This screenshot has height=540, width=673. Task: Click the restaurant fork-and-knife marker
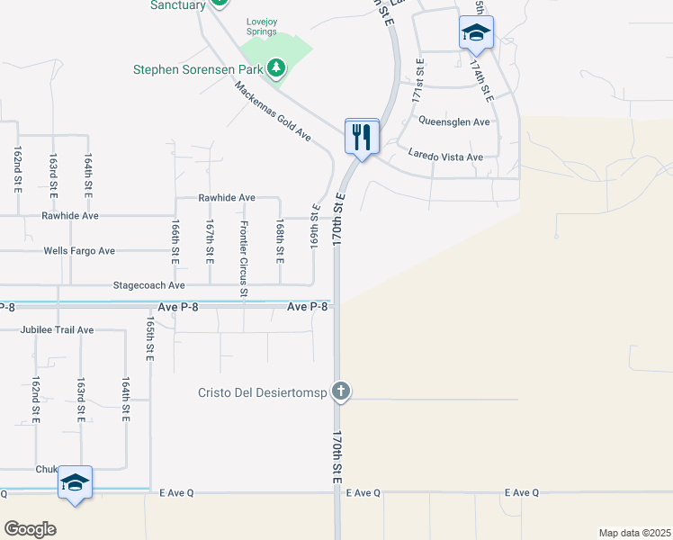pyautogui.click(x=362, y=137)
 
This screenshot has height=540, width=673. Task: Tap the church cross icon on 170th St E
pyautogui.click(x=340, y=391)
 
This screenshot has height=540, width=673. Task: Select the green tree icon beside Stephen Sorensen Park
pyautogui.click(x=278, y=68)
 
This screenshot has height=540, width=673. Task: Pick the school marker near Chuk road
pyautogui.click(x=76, y=482)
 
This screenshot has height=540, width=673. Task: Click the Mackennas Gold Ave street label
pyautogui.click(x=273, y=112)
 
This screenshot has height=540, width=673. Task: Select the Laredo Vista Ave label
pyautogui.click(x=445, y=157)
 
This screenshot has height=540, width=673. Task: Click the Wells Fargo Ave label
pyautogui.click(x=79, y=251)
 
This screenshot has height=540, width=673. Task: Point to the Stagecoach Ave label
pyautogui.click(x=148, y=285)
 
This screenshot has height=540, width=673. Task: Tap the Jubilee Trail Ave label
pyautogui.click(x=57, y=330)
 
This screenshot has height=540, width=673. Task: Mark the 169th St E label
pyautogui.click(x=316, y=229)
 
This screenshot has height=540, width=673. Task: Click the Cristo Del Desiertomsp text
pyautogui.click(x=263, y=392)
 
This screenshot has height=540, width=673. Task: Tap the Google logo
pyautogui.click(x=30, y=529)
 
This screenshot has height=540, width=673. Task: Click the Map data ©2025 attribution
pyautogui.click(x=635, y=533)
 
